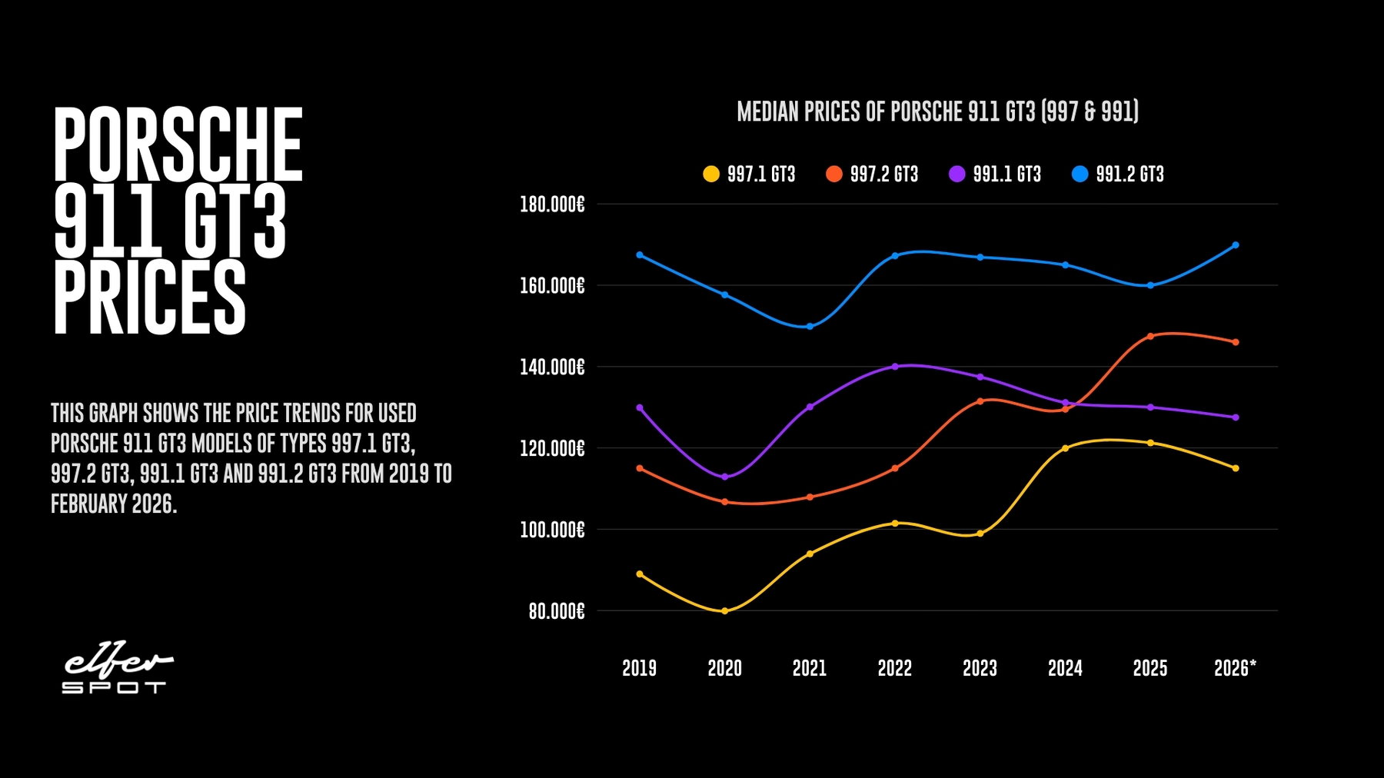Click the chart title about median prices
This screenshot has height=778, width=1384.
[x=937, y=112]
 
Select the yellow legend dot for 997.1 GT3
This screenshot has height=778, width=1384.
[x=711, y=174]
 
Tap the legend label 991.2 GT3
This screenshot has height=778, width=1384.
[x=1129, y=175]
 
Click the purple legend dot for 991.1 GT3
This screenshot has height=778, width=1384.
[x=956, y=174]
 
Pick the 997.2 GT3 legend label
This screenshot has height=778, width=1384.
[x=883, y=175]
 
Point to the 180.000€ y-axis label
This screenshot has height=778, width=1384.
[x=552, y=204]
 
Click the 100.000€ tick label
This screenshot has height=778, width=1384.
[x=552, y=530]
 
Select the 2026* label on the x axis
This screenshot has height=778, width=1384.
[x=1235, y=668]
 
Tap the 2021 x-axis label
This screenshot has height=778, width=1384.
[x=810, y=668]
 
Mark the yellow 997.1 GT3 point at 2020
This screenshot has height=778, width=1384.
[x=724, y=611]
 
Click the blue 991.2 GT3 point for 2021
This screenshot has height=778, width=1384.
[x=810, y=327]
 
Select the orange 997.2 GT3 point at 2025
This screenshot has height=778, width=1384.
[x=1150, y=336]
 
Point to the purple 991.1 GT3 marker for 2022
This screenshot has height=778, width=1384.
[x=895, y=366]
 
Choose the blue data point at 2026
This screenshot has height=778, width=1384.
[x=1236, y=245]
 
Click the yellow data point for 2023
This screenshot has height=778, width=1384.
[x=980, y=534]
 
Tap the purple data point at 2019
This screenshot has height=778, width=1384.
[x=640, y=407]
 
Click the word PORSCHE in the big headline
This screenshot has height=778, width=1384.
[x=178, y=145]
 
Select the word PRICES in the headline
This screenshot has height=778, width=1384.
[x=149, y=298]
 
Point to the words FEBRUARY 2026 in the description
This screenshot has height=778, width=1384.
[x=114, y=504]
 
